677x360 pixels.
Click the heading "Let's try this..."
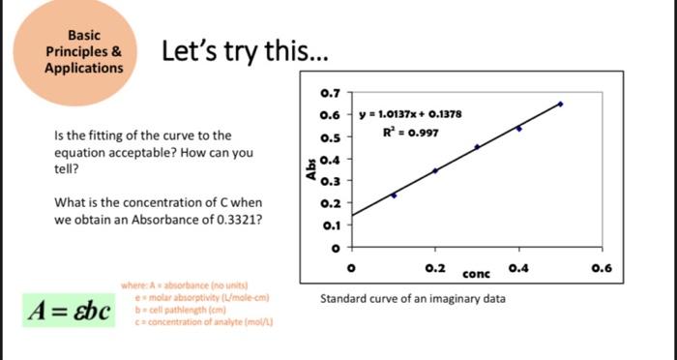236,50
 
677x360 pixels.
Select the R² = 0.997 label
410,131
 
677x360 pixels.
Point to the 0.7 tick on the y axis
329,94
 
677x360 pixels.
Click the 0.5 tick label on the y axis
329,137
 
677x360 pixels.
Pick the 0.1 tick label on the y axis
329,225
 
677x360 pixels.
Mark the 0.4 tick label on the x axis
519,266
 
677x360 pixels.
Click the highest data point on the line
561,104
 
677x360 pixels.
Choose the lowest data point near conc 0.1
394,195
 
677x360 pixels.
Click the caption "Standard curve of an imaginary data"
412,298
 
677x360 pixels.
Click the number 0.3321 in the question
236,220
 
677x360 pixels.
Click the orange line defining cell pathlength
193,308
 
